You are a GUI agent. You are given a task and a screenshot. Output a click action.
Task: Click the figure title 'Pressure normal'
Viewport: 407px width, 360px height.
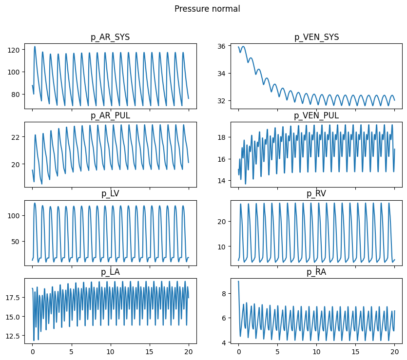pos(207,9)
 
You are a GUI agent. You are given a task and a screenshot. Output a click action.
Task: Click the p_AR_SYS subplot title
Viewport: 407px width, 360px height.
pos(110,37)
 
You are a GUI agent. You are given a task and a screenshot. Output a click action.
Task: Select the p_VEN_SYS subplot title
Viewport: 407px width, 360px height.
pos(316,37)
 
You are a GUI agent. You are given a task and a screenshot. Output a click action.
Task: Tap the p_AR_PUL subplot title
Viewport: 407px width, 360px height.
pos(110,115)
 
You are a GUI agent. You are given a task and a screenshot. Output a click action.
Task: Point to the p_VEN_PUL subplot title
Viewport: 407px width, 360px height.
pos(316,115)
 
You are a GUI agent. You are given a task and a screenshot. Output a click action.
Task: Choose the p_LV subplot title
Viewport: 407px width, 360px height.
pos(110,193)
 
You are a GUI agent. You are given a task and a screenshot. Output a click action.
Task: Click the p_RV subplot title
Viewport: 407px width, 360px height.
pos(316,193)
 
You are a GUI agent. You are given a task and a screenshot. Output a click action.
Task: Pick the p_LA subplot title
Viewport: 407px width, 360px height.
pos(110,272)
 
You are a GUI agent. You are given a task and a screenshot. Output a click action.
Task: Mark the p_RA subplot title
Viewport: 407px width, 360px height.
pos(316,272)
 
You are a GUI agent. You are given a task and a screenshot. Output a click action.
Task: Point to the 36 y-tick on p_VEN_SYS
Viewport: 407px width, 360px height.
pos(225,46)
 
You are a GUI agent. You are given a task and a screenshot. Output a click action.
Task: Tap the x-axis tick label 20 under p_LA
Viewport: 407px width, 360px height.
pos(189,351)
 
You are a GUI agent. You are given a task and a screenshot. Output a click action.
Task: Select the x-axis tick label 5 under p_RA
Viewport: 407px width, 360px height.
pos(277,351)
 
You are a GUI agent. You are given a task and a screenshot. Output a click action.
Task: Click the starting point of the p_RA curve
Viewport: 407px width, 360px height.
pos(238,281)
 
